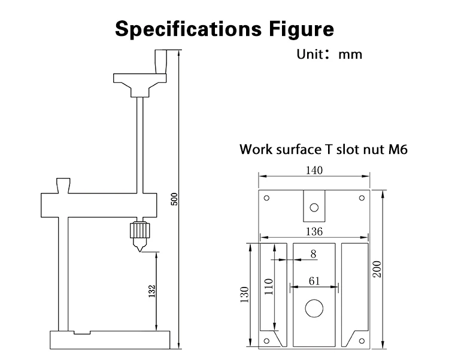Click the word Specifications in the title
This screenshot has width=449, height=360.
(188, 29)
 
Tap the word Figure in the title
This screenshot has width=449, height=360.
(302, 29)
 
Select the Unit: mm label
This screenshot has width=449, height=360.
(329, 54)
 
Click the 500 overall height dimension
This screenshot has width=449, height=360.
(174, 199)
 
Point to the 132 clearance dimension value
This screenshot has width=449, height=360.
(152, 291)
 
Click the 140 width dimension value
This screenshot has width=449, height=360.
(314, 170)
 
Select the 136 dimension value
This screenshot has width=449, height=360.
(314, 231)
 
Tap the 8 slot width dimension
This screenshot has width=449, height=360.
(314, 254)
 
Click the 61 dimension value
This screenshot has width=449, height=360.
(314, 281)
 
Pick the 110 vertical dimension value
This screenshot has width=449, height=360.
(269, 286)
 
